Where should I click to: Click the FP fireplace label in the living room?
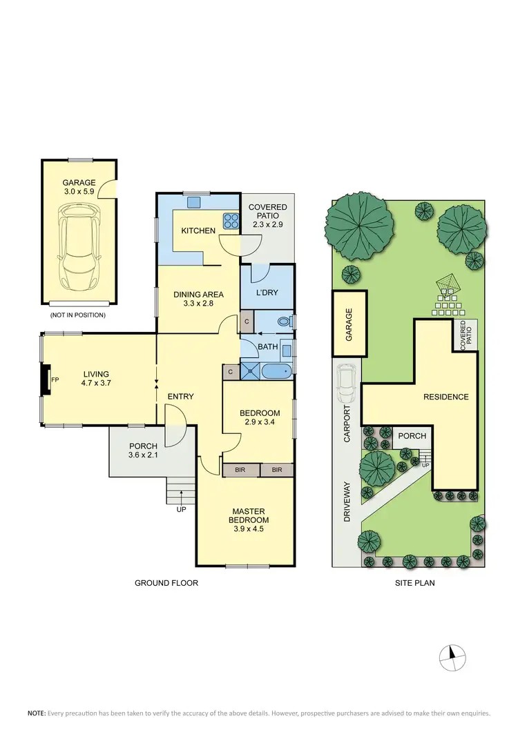(x=55, y=379)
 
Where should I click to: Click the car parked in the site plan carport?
(x=347, y=383)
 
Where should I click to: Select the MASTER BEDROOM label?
(x=250, y=515)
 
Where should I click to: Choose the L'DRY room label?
(x=267, y=293)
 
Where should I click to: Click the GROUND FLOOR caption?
(x=166, y=583)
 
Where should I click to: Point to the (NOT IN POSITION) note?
(x=78, y=315)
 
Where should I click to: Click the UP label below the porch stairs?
(x=182, y=509)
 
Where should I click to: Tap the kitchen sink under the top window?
(x=193, y=202)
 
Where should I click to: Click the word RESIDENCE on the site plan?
(x=446, y=397)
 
